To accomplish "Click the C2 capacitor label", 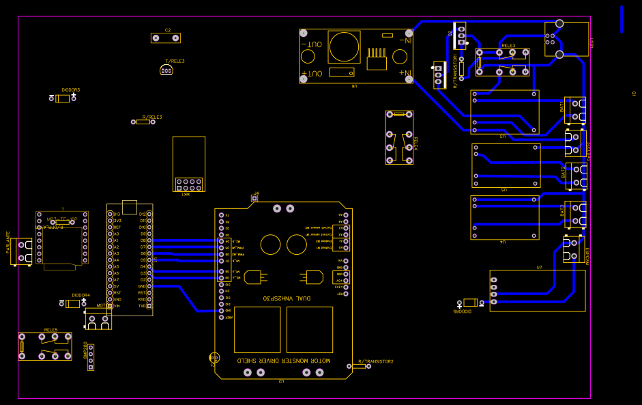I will point(168,31).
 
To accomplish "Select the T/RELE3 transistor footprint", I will point(166,70).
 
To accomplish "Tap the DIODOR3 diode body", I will point(63,99).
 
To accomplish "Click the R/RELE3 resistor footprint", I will point(144,122).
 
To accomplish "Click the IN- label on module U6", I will point(405,40).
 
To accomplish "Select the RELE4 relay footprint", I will point(399,137).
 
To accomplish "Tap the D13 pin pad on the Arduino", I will point(109,214).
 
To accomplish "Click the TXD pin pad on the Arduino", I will point(149,306).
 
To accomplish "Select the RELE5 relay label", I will point(51,330).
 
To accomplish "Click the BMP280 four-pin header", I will point(91,357).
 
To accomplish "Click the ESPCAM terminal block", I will point(571,250).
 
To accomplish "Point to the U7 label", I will point(539,267).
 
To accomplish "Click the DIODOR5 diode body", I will point(470,303).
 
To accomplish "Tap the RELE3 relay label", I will point(508,45).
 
